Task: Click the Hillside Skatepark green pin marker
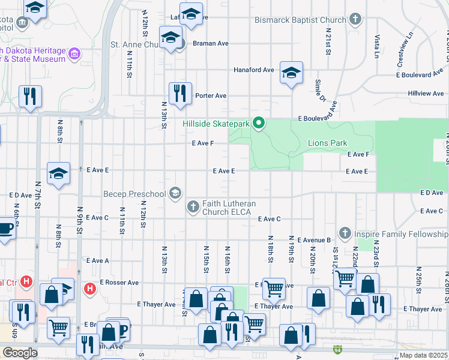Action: pos(259,124)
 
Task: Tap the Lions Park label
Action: pos(327,143)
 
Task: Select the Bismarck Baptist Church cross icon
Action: pos(355,20)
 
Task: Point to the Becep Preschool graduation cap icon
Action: pos(175,193)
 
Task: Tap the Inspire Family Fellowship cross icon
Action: pos(345,233)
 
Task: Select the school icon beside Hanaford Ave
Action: pos(291,73)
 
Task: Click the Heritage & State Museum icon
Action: pos(74,55)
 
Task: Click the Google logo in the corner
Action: pos(19,353)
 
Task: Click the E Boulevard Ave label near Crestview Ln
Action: pos(420,75)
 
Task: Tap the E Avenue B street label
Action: pos(314,240)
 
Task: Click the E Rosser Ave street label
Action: pos(119,282)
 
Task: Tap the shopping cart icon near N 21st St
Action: pos(345,278)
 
